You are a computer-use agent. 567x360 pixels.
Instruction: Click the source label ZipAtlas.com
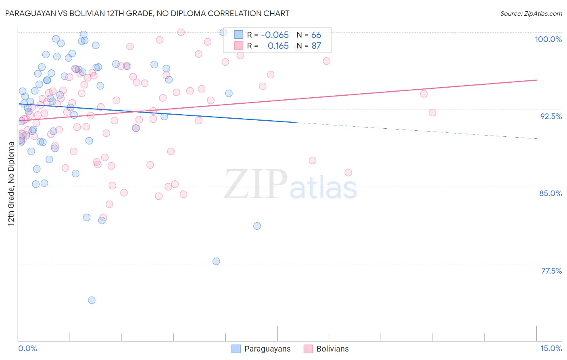531,13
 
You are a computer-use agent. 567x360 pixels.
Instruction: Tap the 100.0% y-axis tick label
548,39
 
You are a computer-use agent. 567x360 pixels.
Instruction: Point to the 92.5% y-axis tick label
551,116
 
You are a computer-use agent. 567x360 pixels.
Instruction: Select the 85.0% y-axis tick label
550,193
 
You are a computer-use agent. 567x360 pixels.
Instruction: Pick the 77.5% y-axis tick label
551,271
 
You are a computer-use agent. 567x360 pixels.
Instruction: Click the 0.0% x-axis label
27,348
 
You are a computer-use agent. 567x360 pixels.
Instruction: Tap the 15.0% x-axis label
551,348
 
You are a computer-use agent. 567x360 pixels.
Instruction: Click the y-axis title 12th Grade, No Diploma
11,184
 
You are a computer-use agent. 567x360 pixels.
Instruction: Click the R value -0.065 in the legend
275,35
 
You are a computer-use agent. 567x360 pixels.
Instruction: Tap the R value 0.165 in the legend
278,46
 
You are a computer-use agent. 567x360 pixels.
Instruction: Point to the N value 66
316,35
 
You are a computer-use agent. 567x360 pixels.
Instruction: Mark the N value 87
316,46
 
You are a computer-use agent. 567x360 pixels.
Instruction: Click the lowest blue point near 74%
92,300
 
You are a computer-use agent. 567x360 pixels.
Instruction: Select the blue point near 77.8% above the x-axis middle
216,262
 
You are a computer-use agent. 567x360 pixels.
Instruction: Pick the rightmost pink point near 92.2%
432,113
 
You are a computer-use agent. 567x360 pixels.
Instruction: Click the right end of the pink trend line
536,80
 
